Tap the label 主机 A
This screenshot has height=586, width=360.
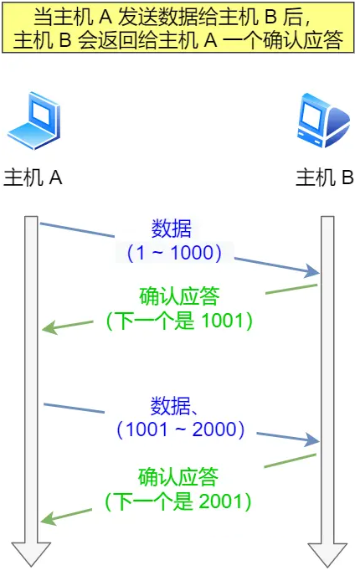(x=34, y=178)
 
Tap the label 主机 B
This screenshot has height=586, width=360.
(x=325, y=178)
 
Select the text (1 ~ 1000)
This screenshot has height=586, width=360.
(x=173, y=251)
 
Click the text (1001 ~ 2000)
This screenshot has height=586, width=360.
(x=181, y=430)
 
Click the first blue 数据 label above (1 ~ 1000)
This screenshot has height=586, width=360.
(x=172, y=229)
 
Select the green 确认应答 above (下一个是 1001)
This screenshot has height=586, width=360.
(x=178, y=297)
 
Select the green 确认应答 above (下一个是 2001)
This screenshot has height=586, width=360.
(x=178, y=478)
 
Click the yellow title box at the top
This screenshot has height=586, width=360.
(x=178, y=28)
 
